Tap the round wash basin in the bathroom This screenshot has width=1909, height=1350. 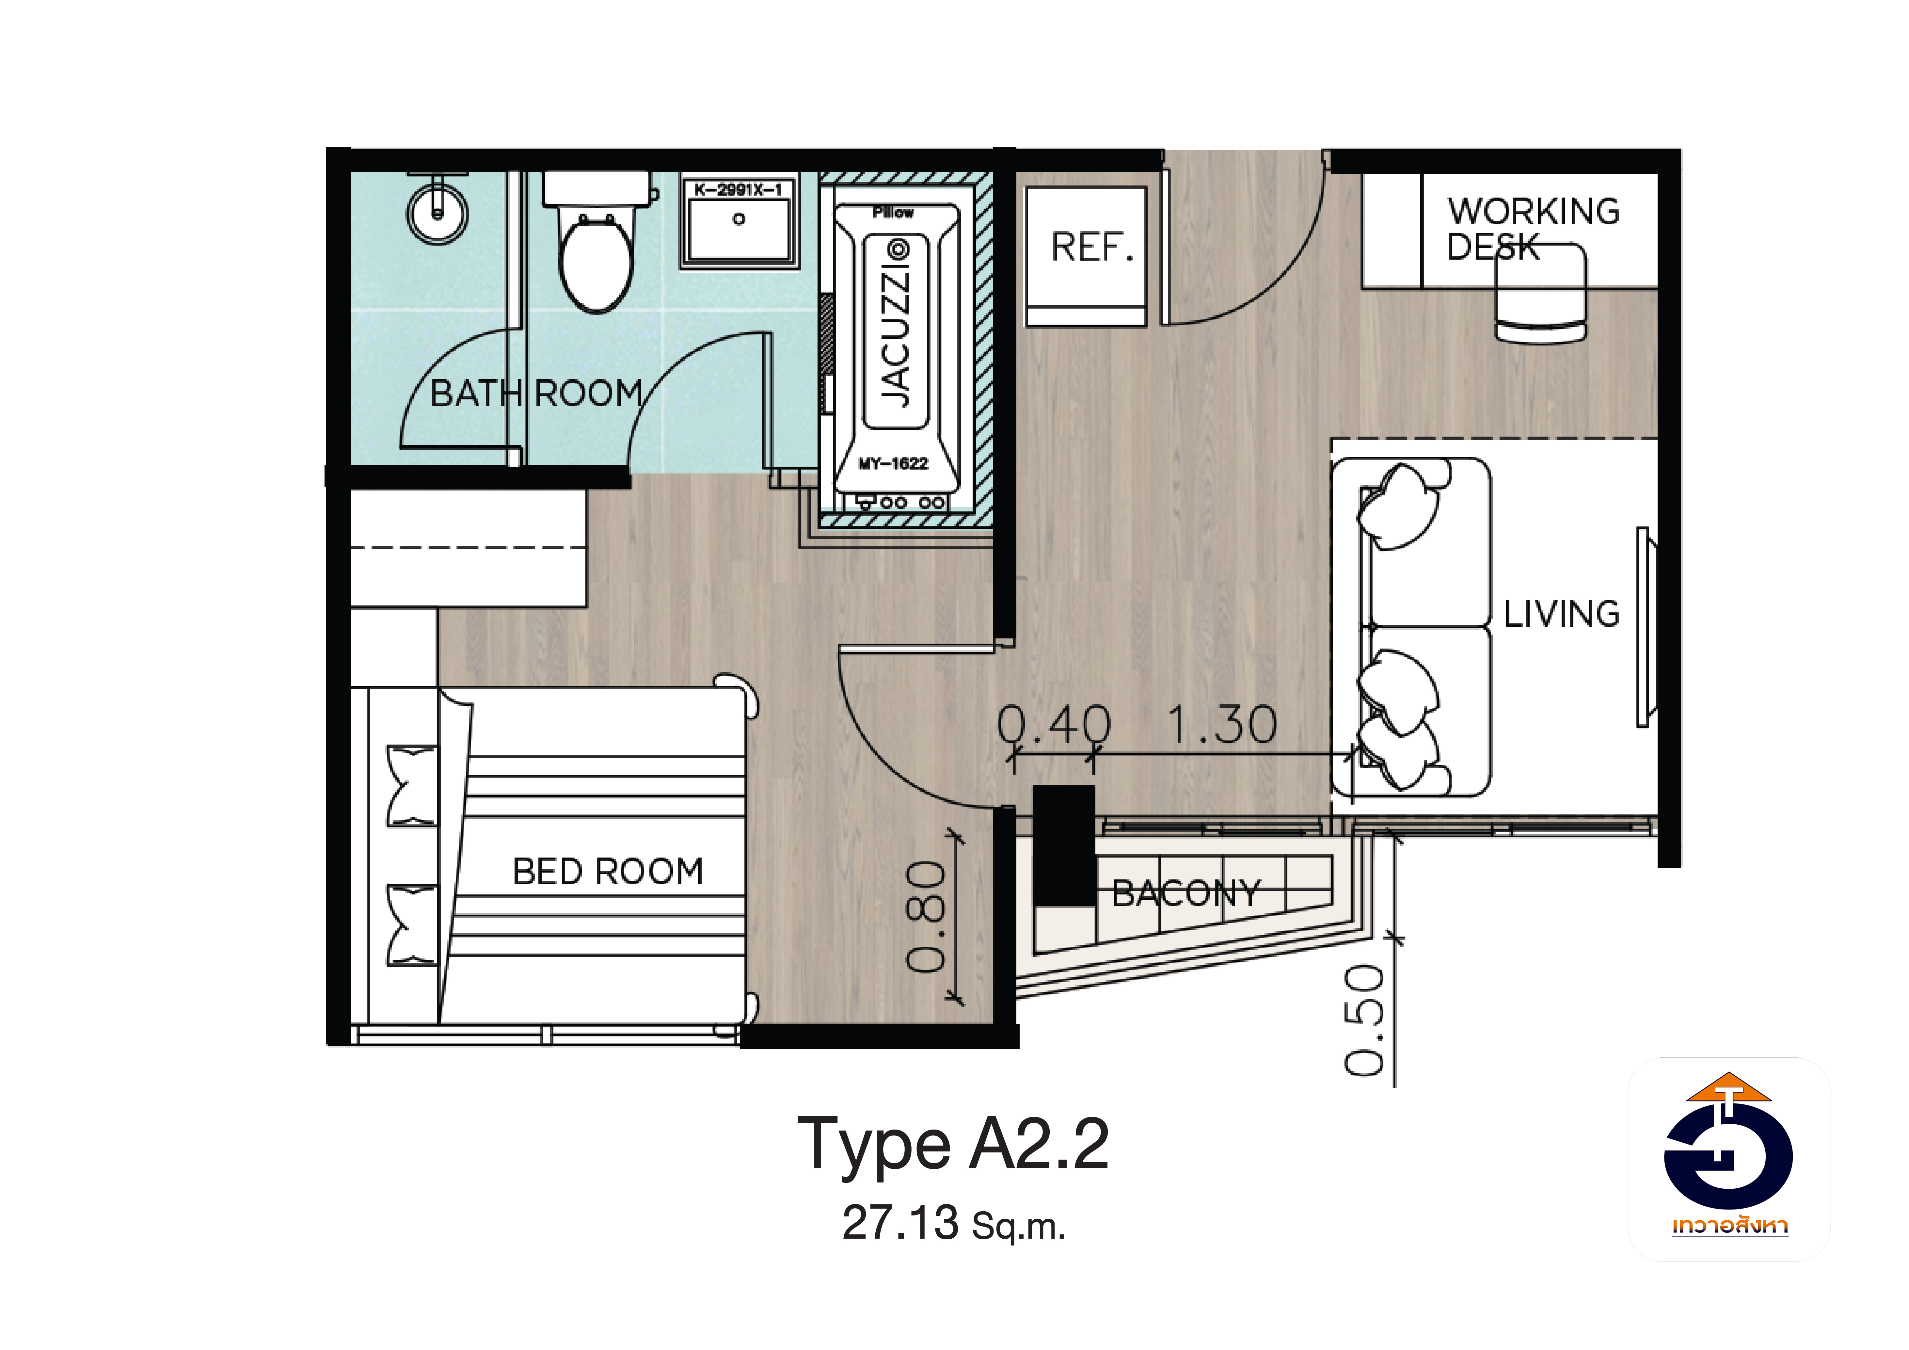pyautogui.click(x=437, y=213)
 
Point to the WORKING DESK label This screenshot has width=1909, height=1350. pyautogui.click(x=1533, y=229)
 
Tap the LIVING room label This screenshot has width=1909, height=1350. pyautogui.click(x=1562, y=614)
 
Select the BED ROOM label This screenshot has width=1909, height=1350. pyautogui.click(x=608, y=872)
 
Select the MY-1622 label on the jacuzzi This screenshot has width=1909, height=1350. pyautogui.click(x=893, y=463)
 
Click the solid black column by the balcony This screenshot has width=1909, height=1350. pyautogui.click(x=1063, y=845)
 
